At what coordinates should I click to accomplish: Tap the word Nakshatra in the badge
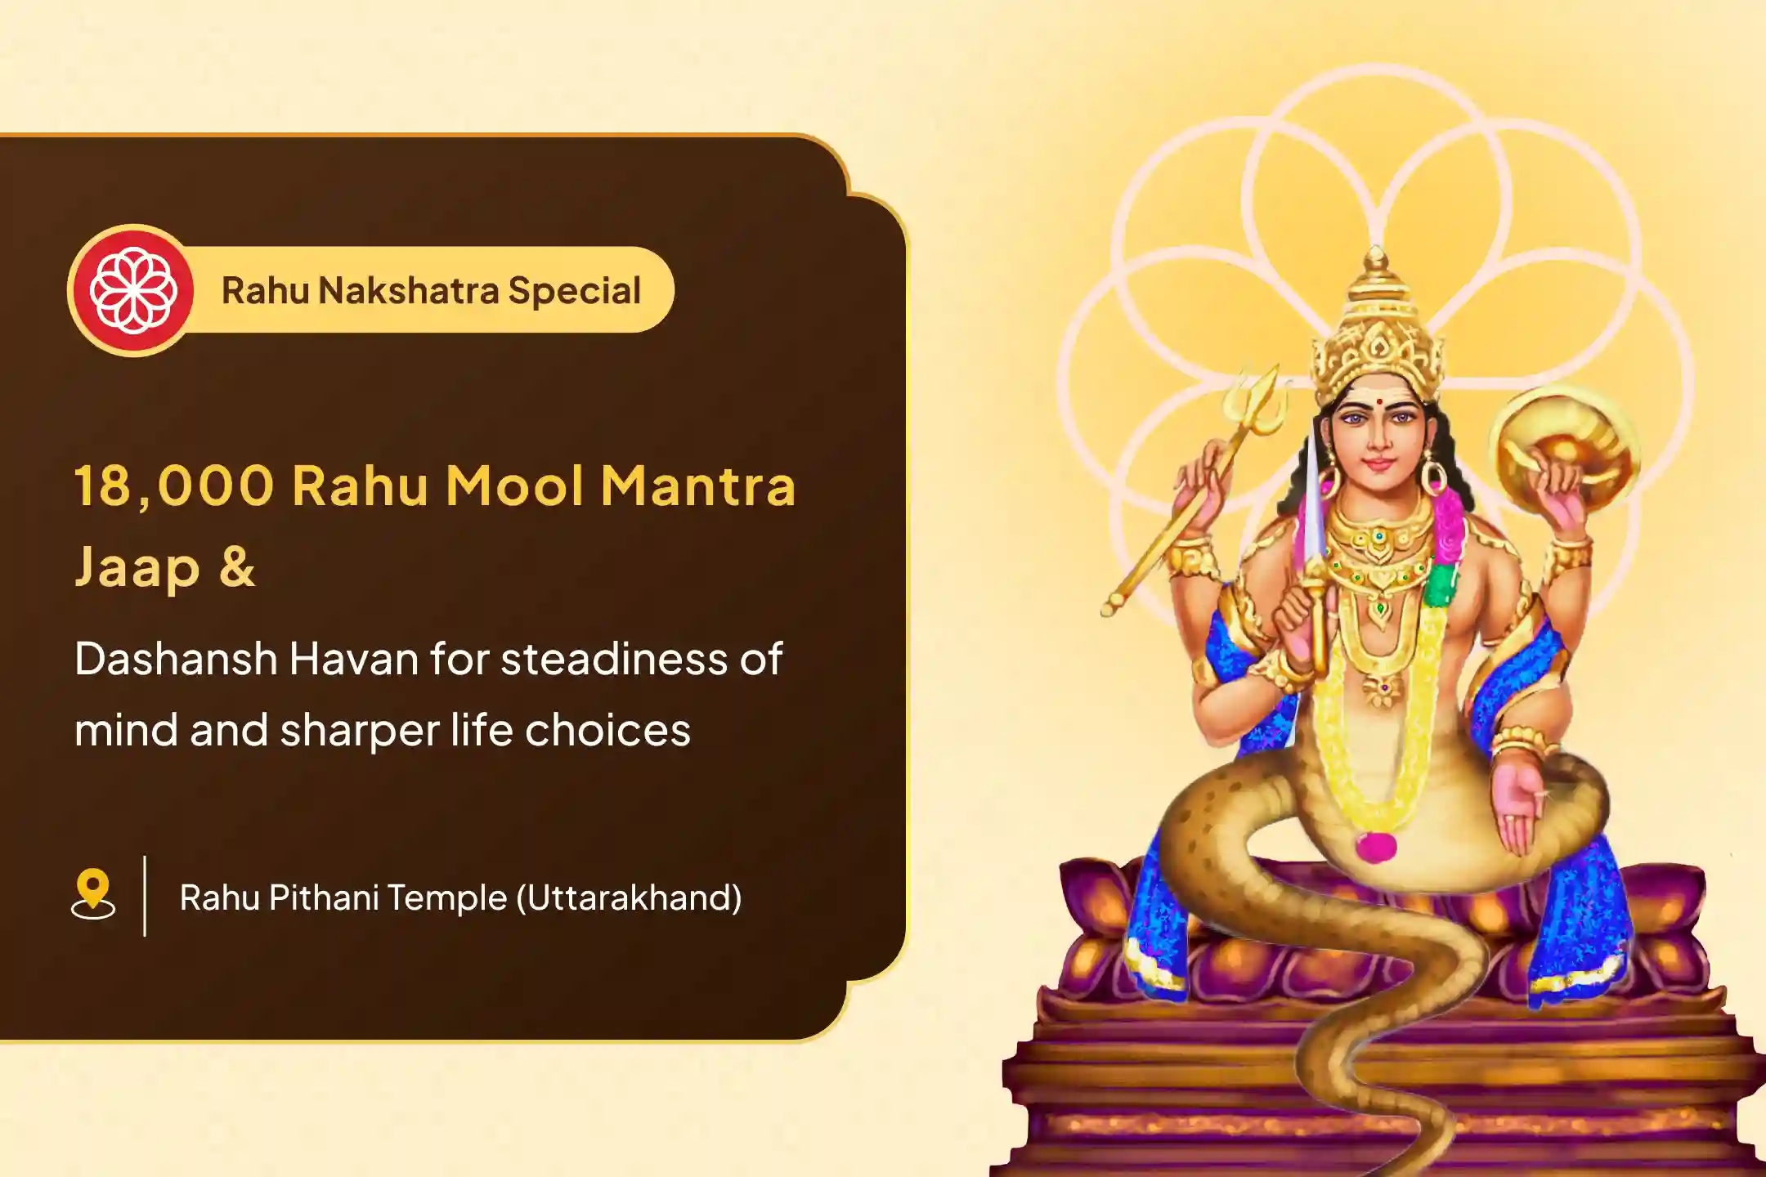click(408, 291)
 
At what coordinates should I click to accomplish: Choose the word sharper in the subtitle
click(359, 731)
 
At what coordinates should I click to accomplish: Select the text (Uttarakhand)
click(629, 897)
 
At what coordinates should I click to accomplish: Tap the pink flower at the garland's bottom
click(1375, 845)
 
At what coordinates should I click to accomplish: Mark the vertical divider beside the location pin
click(145, 896)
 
